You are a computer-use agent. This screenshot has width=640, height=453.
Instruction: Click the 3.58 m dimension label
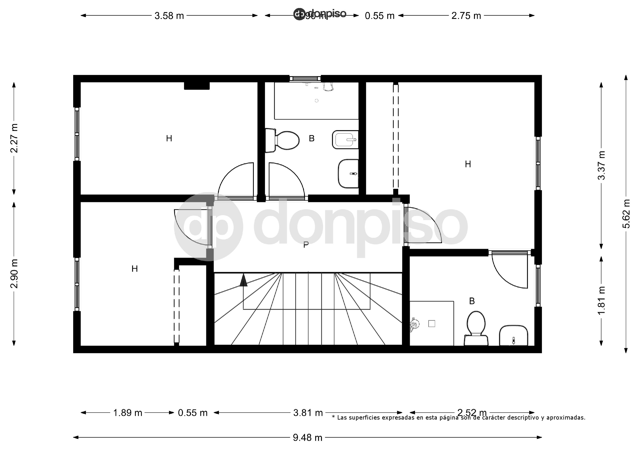pyautogui.click(x=169, y=16)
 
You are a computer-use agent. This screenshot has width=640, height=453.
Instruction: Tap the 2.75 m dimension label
pyautogui.click(x=466, y=16)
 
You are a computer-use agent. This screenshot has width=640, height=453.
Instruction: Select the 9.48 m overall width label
pyautogui.click(x=307, y=438)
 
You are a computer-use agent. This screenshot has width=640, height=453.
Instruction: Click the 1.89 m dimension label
pyautogui.click(x=128, y=413)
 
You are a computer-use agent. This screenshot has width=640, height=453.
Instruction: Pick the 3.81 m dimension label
pyautogui.click(x=308, y=413)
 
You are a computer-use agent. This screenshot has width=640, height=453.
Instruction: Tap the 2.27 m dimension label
pyautogui.click(x=14, y=138)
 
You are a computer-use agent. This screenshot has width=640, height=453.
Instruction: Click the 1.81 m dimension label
pyautogui.click(x=601, y=300)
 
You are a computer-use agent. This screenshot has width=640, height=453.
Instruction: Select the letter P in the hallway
pyautogui.click(x=306, y=245)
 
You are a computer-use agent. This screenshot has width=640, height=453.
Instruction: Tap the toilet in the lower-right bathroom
pyautogui.click(x=476, y=328)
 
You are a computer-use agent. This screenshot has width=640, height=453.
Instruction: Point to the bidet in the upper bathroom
pyautogui.click(x=345, y=140)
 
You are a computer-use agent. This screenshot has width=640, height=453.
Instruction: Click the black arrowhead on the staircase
pyautogui.click(x=243, y=280)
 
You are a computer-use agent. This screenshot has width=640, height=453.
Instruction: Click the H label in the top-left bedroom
pyautogui.click(x=169, y=138)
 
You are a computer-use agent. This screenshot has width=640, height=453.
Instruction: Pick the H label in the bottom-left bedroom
pyautogui.click(x=135, y=269)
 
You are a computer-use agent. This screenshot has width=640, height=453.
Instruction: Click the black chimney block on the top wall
pyautogui.click(x=197, y=86)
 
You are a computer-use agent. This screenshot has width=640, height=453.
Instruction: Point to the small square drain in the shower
pyautogui.click(x=431, y=323)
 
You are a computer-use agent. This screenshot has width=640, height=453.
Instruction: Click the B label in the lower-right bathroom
pyautogui.click(x=472, y=301)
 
